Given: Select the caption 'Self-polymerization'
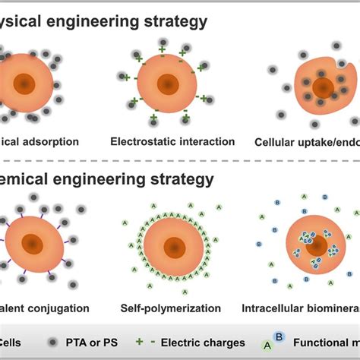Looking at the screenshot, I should tap(171, 308).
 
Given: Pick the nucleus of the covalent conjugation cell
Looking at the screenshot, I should tap(32, 243).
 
